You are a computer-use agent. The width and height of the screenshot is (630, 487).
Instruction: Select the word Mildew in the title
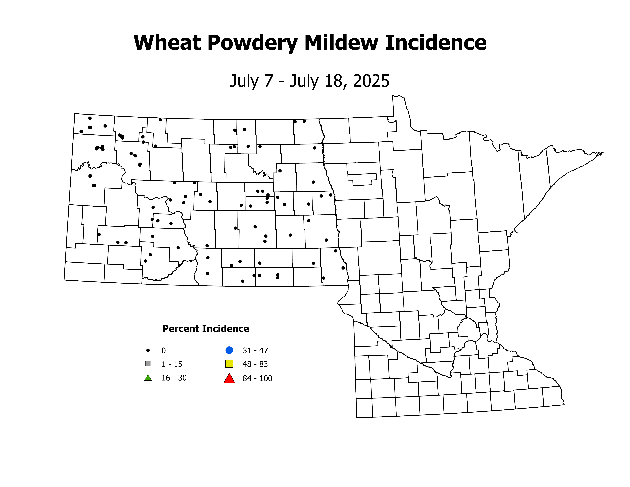[x=341, y=43]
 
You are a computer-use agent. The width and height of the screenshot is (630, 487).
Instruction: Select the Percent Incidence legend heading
[x=206, y=329]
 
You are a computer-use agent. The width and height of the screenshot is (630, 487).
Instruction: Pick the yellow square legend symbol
[x=229, y=364]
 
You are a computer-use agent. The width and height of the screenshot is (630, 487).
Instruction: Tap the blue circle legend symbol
[x=229, y=350]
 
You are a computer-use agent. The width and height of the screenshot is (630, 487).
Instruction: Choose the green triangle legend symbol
[x=148, y=378]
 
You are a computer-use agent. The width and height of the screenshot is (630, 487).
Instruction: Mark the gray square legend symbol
[x=148, y=364]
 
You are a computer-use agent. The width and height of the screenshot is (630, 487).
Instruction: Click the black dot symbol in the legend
[x=148, y=350]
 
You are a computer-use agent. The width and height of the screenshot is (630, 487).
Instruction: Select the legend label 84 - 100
[x=257, y=378]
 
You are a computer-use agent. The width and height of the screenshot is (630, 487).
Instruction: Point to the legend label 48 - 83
[x=255, y=364]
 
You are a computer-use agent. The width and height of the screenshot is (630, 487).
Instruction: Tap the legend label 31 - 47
[x=255, y=351]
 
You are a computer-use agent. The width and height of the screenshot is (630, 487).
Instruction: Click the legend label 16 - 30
[x=174, y=378]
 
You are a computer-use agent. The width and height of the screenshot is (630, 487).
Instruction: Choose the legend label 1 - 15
[x=172, y=364]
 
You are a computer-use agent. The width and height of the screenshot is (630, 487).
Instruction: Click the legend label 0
[x=164, y=351]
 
